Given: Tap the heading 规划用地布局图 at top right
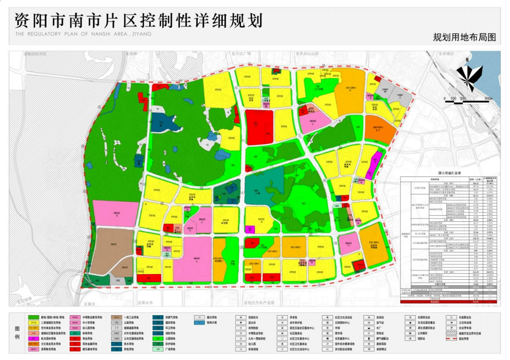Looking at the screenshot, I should (x=464, y=37).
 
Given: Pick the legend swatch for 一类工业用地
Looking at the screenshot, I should (x=117, y=318).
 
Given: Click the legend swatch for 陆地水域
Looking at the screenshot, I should (x=200, y=323).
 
